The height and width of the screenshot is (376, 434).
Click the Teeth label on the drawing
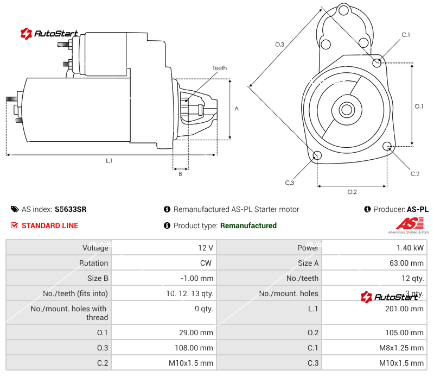click(x=219, y=68)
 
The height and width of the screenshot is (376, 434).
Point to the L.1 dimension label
click(x=109, y=160)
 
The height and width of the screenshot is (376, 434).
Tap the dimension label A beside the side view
click(x=237, y=109)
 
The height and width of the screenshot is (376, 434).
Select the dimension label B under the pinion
click(x=180, y=174)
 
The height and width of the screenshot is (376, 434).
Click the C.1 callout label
click(x=405, y=35)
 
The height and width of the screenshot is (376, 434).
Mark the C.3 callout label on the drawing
click(x=289, y=183)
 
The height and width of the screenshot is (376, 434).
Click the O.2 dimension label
click(x=352, y=192)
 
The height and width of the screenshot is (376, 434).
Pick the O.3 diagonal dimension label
click(x=279, y=45)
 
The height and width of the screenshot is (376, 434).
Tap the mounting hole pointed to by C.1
click(x=377, y=62)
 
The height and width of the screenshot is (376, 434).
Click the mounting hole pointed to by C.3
click(x=318, y=156)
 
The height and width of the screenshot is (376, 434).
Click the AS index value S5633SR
click(x=71, y=209)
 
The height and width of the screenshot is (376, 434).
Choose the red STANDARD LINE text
click(x=49, y=225)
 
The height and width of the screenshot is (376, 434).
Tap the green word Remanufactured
click(x=248, y=225)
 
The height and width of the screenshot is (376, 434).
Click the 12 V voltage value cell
click(x=206, y=248)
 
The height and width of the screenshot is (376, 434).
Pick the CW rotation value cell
click(x=207, y=263)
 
